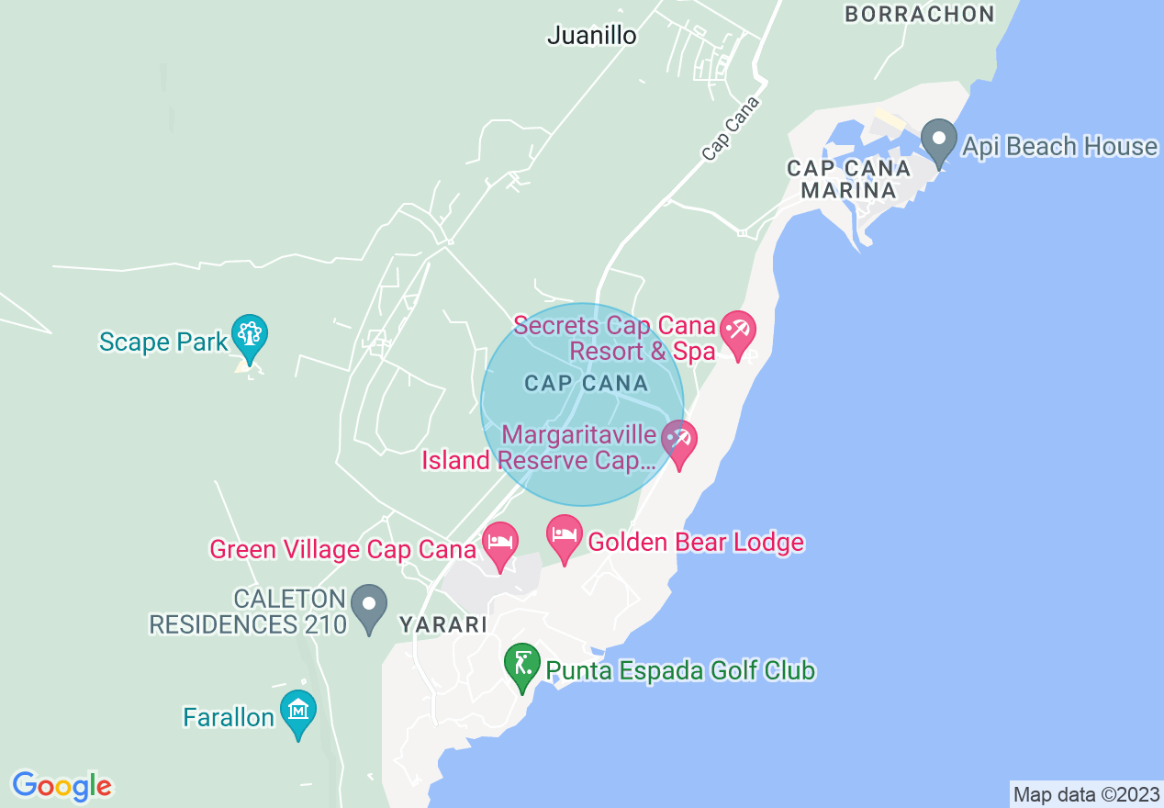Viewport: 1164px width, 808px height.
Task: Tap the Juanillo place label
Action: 591,36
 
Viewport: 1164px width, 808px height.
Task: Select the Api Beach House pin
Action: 938,141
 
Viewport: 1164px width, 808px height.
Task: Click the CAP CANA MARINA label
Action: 848,179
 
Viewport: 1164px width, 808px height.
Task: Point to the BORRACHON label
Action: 919,14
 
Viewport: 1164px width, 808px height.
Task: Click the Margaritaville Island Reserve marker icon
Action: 678,442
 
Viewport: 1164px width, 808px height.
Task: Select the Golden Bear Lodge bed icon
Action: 564,536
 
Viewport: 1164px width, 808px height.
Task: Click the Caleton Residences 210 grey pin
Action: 370,607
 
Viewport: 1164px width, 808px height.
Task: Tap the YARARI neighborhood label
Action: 442,624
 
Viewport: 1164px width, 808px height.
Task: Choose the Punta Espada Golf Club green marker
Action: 522,664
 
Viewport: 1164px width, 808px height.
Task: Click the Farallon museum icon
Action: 298,712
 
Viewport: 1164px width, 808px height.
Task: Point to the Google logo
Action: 62,786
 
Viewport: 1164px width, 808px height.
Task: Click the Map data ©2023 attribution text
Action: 1084,793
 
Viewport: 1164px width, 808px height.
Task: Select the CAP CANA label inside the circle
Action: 586,383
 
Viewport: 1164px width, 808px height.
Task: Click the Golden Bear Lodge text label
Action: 695,543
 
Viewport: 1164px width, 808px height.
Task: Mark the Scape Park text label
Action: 162,342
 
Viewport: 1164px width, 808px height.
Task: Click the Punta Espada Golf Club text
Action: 680,670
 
